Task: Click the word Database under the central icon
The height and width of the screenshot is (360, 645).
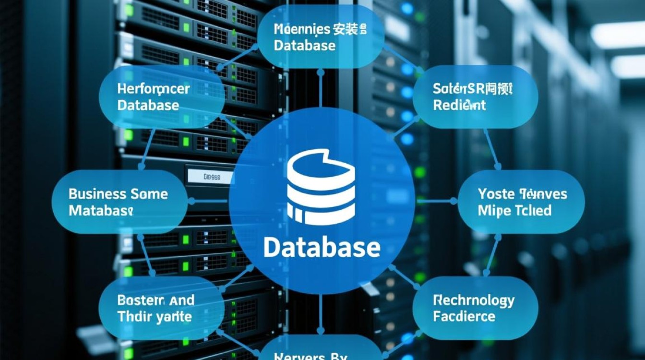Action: [x=322, y=248]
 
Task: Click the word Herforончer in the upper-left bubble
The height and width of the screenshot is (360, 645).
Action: [x=153, y=89]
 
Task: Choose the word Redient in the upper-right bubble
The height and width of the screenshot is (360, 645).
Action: [x=459, y=105]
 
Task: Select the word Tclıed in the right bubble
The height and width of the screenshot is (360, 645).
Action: [x=533, y=211]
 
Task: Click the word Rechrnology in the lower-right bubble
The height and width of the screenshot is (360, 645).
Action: [x=473, y=301]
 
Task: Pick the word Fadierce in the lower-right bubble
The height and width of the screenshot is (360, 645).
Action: [x=464, y=317]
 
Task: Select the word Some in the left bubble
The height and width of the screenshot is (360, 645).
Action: [x=149, y=194]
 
